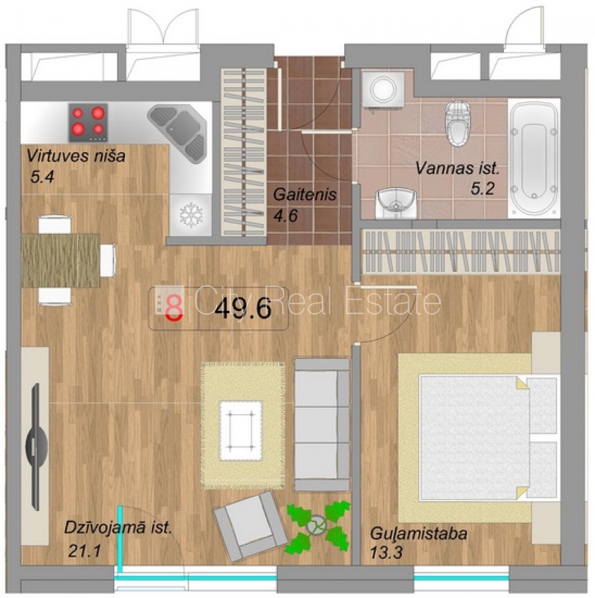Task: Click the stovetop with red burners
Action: [x=88, y=122]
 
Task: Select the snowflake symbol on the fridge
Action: [x=191, y=215]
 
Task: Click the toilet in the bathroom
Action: [x=458, y=123]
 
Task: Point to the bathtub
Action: [x=534, y=158]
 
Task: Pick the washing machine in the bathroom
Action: [x=383, y=90]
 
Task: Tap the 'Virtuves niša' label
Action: [x=76, y=156]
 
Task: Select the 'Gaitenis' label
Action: [x=305, y=195]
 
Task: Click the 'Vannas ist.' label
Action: [x=457, y=168]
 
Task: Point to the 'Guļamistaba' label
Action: [x=418, y=534]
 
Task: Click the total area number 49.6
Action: [x=243, y=308]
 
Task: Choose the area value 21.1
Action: [x=84, y=551]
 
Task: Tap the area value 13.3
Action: [x=386, y=552]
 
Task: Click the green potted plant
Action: [x=317, y=527]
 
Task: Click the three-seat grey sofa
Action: [x=322, y=425]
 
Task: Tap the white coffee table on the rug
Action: [x=240, y=431]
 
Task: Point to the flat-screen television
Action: [x=37, y=447]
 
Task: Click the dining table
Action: [x=61, y=260]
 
